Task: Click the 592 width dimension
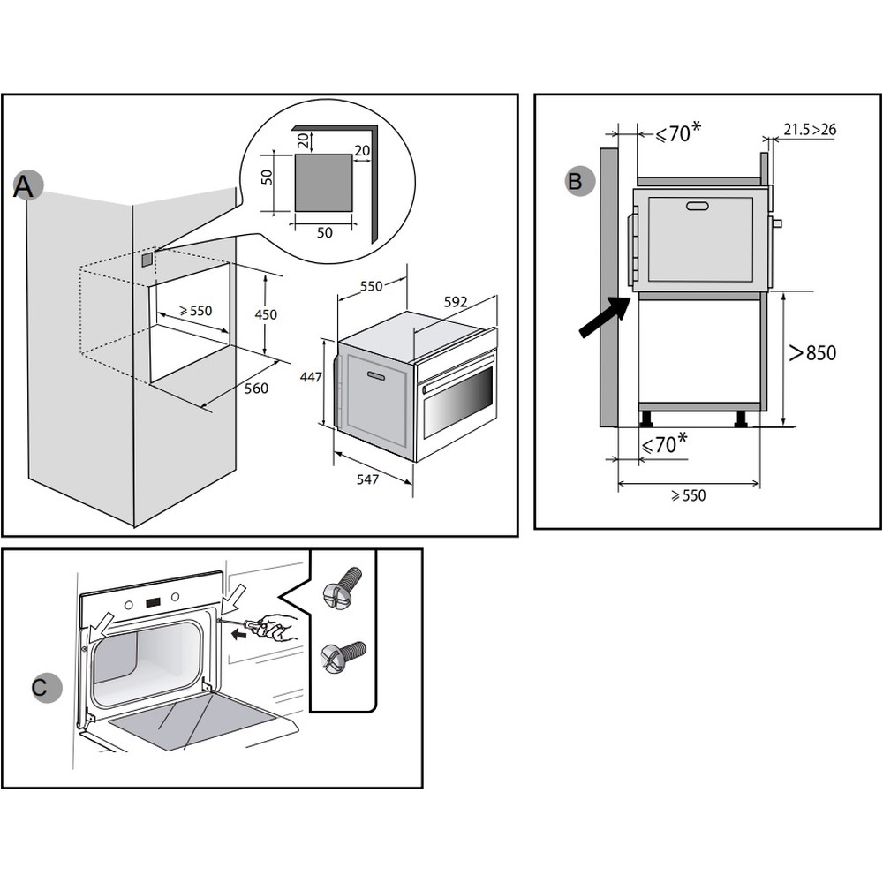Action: (455, 302)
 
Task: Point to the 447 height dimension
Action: (309, 377)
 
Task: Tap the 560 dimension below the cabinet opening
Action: (256, 388)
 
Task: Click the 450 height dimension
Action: (266, 314)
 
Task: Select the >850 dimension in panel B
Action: (811, 353)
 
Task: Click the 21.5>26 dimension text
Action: (810, 130)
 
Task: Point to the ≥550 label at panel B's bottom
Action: (688, 495)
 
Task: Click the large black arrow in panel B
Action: (604, 318)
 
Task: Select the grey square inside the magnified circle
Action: (323, 182)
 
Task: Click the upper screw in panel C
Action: (343, 587)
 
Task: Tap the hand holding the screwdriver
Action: (276, 627)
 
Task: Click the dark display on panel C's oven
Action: (154, 604)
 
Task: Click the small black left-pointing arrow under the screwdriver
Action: (236, 637)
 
